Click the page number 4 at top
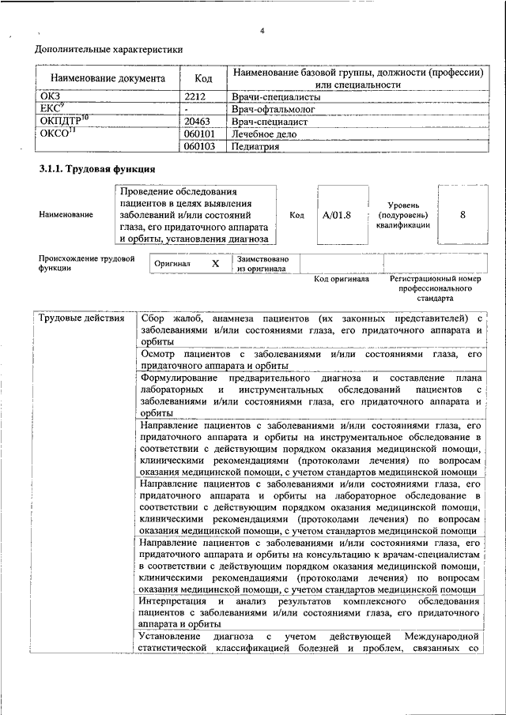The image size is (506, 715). point(262,31)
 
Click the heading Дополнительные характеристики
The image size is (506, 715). point(109,50)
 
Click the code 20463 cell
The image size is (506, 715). point(198,122)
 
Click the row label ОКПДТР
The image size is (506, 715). point(63,122)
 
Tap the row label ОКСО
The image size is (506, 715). point(57,134)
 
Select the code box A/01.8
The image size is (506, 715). point(337,214)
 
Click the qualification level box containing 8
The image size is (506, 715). point(463,214)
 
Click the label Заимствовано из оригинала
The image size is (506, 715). point(262,264)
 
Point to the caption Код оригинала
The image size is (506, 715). point(342,279)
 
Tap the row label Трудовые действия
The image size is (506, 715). point(82,318)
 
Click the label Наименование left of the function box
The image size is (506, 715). point(66,214)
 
